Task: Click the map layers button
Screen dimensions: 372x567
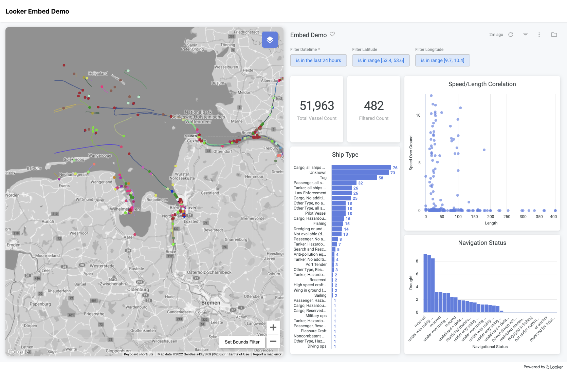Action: click(x=270, y=40)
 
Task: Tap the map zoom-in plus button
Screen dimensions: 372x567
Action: click(x=273, y=328)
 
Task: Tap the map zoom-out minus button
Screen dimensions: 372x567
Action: click(x=273, y=341)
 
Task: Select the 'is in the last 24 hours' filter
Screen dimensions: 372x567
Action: click(x=318, y=60)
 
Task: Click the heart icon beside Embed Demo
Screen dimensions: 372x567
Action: click(x=332, y=34)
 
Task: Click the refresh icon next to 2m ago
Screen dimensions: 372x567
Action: click(x=510, y=35)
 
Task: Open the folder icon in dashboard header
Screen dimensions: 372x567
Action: click(x=554, y=35)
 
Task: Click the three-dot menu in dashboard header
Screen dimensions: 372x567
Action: click(x=539, y=35)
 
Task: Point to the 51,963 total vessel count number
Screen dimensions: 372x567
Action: click(x=316, y=106)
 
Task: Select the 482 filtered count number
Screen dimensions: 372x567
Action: click(x=373, y=106)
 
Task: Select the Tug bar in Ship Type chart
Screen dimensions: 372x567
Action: click(x=354, y=178)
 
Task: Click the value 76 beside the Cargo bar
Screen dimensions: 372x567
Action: click(x=395, y=168)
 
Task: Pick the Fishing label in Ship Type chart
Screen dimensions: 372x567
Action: click(x=319, y=223)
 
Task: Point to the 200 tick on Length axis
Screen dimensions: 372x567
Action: click(x=490, y=217)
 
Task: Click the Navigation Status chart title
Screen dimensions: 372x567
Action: click(x=482, y=243)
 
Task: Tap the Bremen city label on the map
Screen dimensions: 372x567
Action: click(x=211, y=303)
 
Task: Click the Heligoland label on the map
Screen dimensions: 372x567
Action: click(x=98, y=73)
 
